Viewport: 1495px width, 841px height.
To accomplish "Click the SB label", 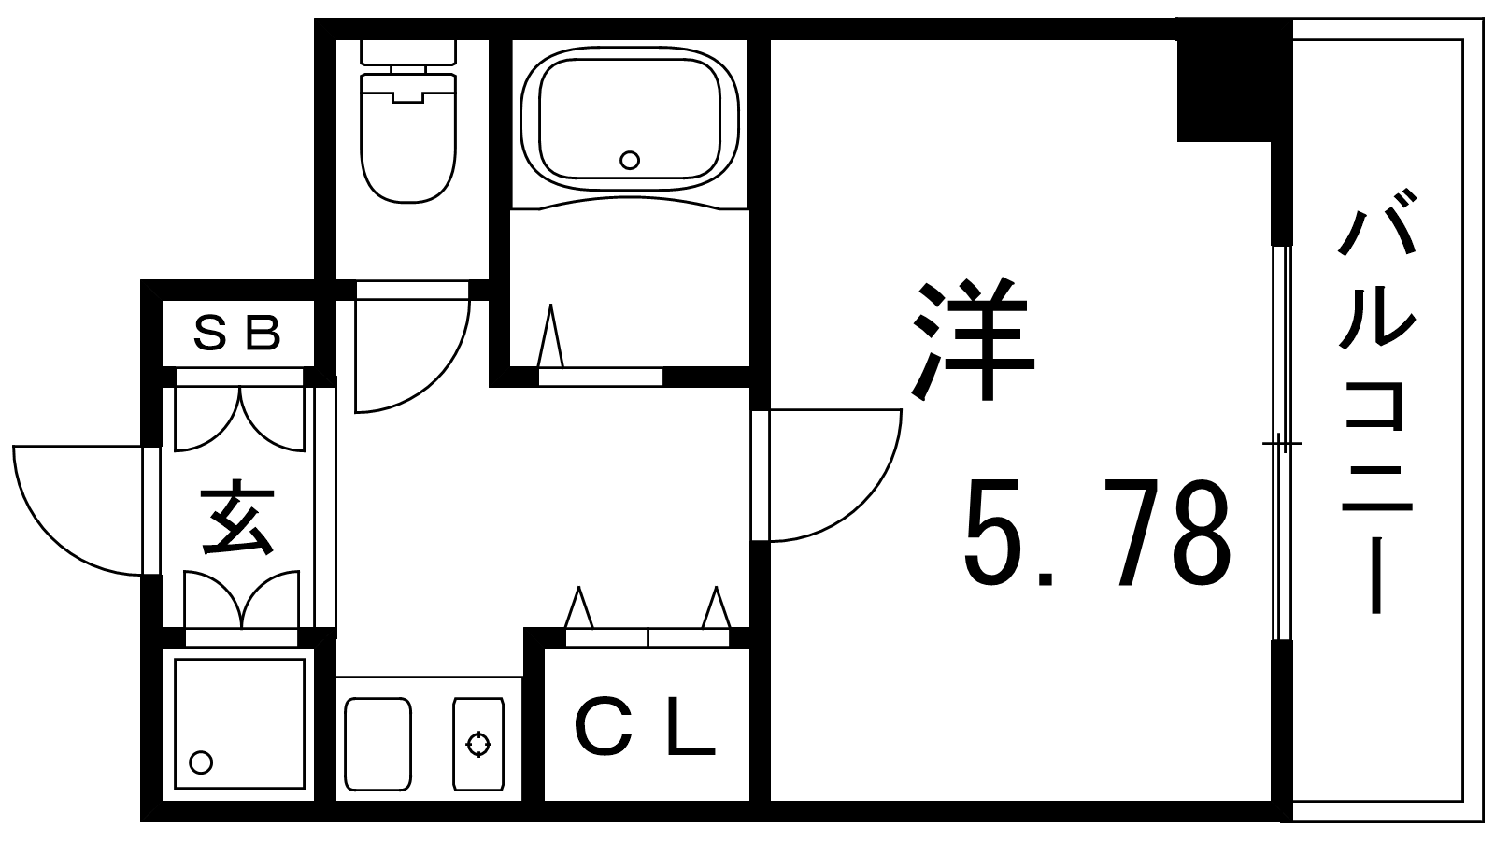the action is (236, 334).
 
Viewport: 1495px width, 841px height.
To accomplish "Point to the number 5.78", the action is (1097, 533).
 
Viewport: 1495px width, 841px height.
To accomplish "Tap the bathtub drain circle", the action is (630, 160).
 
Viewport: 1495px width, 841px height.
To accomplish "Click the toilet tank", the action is (407, 52).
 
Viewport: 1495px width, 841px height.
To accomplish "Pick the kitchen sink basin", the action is (377, 744).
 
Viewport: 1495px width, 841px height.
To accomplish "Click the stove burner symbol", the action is (477, 744).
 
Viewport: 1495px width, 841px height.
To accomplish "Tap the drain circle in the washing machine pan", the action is (201, 762).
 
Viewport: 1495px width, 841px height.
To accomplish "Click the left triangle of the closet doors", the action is (578, 607).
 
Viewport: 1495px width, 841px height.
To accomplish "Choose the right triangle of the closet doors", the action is (717, 607).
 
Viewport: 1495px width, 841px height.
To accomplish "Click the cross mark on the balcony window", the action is (1279, 443).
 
